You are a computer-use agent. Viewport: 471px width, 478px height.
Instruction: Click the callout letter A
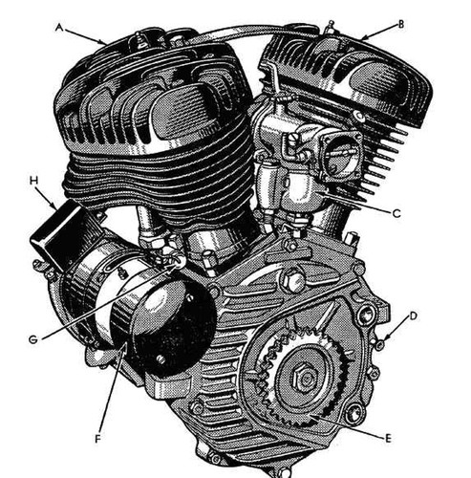pyautogui.click(x=58, y=28)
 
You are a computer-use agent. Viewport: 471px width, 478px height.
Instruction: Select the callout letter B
pyautogui.click(x=401, y=24)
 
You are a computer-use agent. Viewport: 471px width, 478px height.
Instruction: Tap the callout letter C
pyautogui.click(x=396, y=213)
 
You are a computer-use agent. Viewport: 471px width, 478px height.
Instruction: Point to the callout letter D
pyautogui.click(x=413, y=316)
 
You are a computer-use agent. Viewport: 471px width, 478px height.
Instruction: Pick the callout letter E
pyautogui.click(x=388, y=439)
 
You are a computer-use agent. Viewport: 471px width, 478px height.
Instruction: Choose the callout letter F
pyautogui.click(x=97, y=439)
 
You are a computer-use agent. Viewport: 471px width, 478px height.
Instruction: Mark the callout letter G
pyautogui.click(x=33, y=339)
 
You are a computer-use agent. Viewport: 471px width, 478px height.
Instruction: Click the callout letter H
pyautogui.click(x=33, y=181)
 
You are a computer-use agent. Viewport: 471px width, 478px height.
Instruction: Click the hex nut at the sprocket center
pyautogui.click(x=305, y=379)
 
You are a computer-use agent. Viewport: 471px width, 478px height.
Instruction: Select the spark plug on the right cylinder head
pyautogui.click(x=330, y=27)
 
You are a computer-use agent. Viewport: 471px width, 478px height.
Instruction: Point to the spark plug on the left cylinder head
pyautogui.click(x=139, y=39)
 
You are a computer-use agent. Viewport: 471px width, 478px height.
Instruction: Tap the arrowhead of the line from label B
pyautogui.click(x=365, y=38)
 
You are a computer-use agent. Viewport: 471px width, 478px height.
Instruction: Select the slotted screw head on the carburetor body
pyautogui.click(x=294, y=138)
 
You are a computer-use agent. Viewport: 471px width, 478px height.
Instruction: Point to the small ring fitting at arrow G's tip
pyautogui.click(x=180, y=261)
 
